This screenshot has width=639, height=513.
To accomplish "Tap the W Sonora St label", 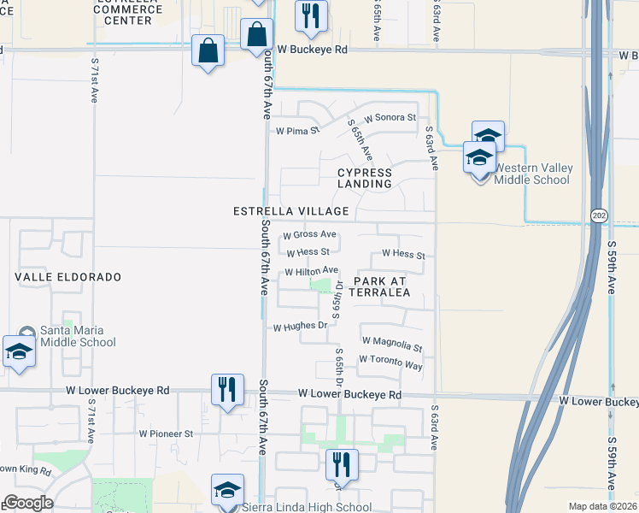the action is coord(390,117).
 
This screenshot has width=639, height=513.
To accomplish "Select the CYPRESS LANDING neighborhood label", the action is coord(364,178).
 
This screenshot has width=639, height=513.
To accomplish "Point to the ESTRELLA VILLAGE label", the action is coord(291,211).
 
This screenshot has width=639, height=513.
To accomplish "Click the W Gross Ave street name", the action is coord(309,234).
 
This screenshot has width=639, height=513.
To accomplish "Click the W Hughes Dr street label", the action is coord(300,327).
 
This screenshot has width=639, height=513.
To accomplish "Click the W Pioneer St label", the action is coord(167,433).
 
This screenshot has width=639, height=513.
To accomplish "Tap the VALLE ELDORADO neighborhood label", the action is coord(68,278).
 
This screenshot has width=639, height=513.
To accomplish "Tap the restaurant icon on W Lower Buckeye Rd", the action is coord(226,390).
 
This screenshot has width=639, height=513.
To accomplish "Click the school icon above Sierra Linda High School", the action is coord(227,490).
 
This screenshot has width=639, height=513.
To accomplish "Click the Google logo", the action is coord(28,503).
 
